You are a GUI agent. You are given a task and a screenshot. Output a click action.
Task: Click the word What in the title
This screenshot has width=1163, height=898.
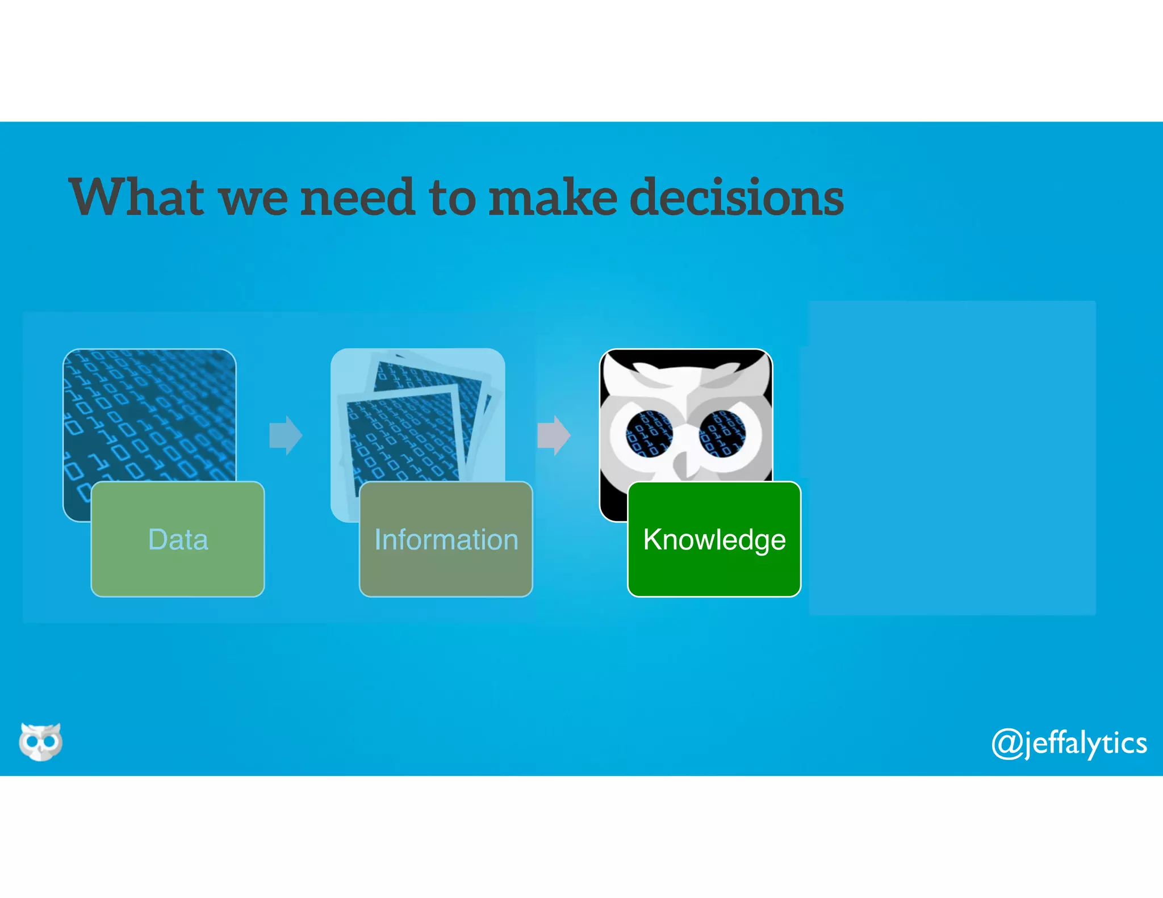click(136, 197)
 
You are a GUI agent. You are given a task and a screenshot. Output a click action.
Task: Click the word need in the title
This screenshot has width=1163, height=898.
click(357, 197)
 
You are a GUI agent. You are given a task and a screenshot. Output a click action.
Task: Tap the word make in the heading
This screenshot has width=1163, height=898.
click(553, 197)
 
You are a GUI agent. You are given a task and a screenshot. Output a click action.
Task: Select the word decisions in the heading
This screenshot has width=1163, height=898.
click(737, 197)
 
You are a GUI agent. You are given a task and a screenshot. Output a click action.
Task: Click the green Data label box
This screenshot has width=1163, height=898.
click(178, 539)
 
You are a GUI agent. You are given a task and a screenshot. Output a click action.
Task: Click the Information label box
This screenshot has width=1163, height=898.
click(446, 539)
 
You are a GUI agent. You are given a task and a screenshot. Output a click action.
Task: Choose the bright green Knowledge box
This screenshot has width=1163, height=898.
click(714, 539)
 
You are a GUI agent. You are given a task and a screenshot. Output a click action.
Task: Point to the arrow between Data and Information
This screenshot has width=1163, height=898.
click(286, 435)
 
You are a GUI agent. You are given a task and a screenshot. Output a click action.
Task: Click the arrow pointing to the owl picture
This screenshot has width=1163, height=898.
click(554, 435)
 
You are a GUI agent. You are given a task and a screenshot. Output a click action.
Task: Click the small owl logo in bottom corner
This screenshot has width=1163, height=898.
click(40, 741)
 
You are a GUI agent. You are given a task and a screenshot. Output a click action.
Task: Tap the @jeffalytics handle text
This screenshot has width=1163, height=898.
click(1069, 743)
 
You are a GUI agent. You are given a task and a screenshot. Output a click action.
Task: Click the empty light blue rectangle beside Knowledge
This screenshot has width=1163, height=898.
click(952, 458)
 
